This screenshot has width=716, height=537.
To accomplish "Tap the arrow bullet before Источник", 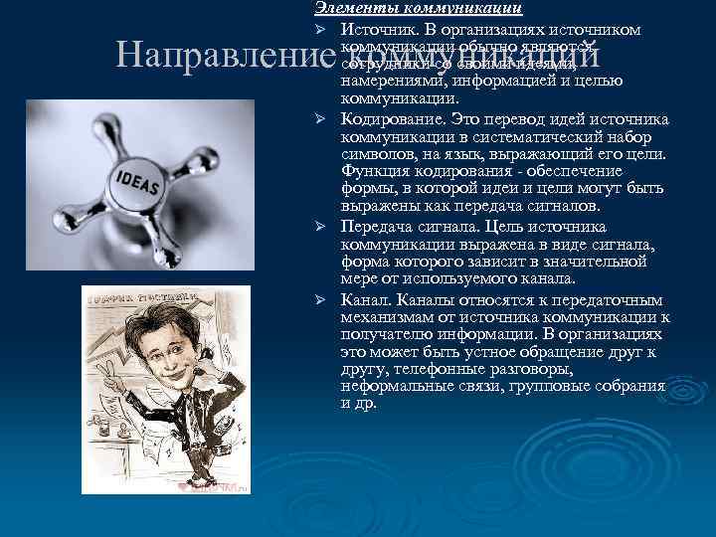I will (x=322, y=30).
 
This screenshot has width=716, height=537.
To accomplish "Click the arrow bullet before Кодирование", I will (x=322, y=119).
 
